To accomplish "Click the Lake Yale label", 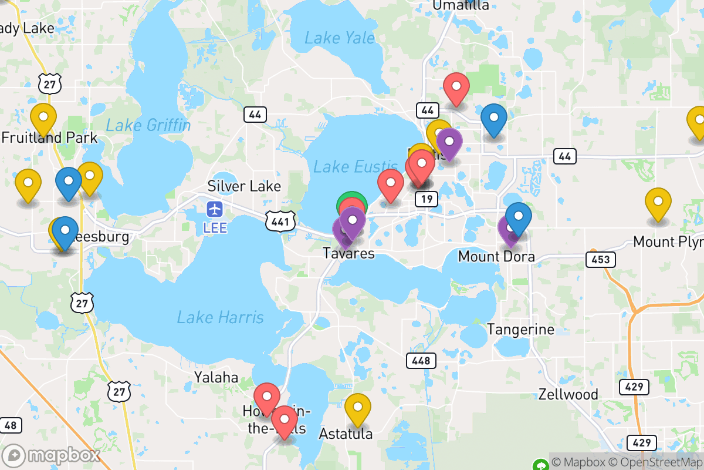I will point(339,39).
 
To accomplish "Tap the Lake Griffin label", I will point(148,125).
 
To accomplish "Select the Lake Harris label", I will point(221,318).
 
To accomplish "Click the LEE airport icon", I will point(215,209).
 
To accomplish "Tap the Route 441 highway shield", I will point(276,221).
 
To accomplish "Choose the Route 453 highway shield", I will point(600,259).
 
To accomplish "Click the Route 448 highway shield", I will point(421,360).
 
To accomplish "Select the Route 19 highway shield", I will point(427,199).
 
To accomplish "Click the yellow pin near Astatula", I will point(357,407).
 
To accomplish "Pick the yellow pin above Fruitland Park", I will point(43,117).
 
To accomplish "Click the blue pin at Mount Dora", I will point(519,216).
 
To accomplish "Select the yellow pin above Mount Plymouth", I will point(658,202).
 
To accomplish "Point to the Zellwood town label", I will point(568,394).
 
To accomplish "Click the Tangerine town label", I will point(520,330).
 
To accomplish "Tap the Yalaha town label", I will point(216,377).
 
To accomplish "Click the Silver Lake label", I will point(244,186).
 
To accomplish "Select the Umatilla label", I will point(461,5).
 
